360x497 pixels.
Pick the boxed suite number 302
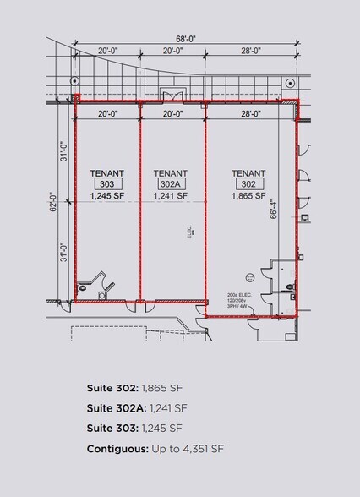pyautogui.click(x=248, y=183)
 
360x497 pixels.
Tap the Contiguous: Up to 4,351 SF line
pyautogui.click(x=155, y=449)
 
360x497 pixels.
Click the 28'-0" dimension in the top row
pyautogui.click(x=250, y=52)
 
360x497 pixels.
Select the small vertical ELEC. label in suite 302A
pyautogui.click(x=191, y=230)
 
